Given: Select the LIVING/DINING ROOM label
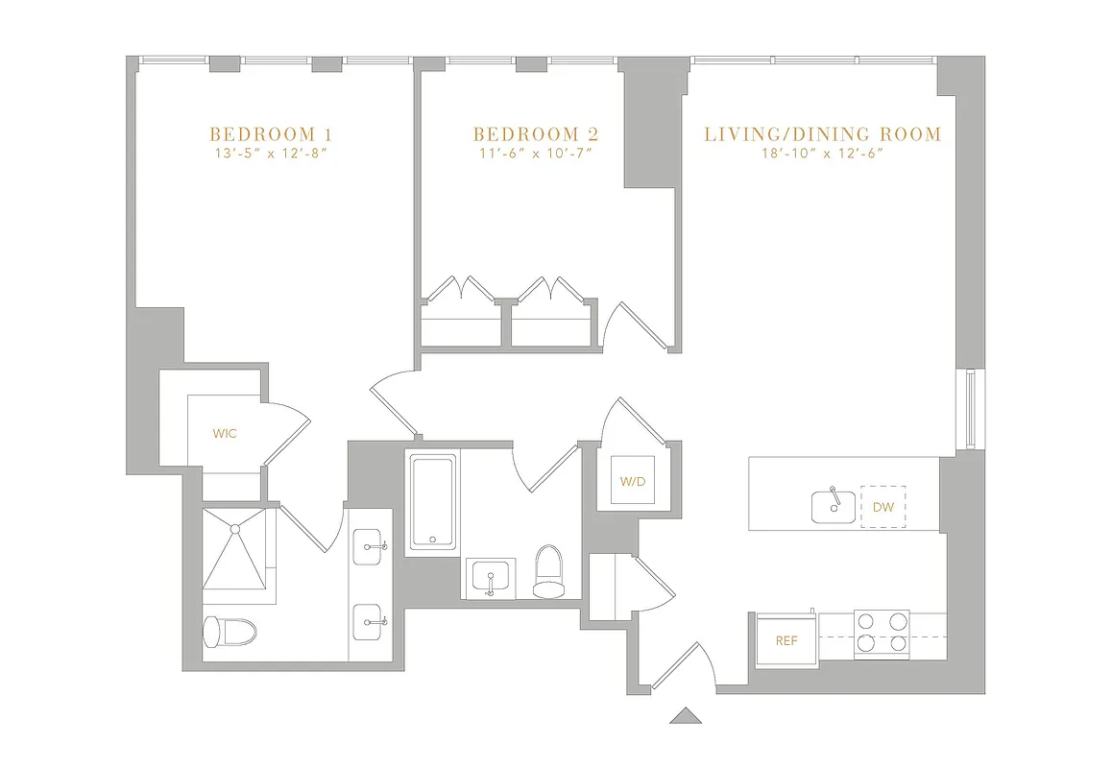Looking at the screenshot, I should click(823, 133).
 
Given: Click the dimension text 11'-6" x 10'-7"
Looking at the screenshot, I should click(535, 154).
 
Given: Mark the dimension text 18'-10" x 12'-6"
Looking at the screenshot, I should click(823, 154).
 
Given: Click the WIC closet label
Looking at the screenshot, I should click(225, 434).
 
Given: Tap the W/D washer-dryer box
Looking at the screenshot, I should click(634, 479).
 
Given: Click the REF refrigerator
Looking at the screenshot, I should click(786, 640).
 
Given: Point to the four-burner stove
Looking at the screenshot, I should click(882, 634).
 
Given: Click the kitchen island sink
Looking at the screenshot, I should click(834, 505).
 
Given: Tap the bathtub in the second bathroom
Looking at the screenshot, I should click(433, 503).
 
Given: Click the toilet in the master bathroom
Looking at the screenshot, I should click(230, 631).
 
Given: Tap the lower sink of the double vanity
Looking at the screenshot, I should click(370, 622).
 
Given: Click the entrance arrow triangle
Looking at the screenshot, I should click(685, 715).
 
